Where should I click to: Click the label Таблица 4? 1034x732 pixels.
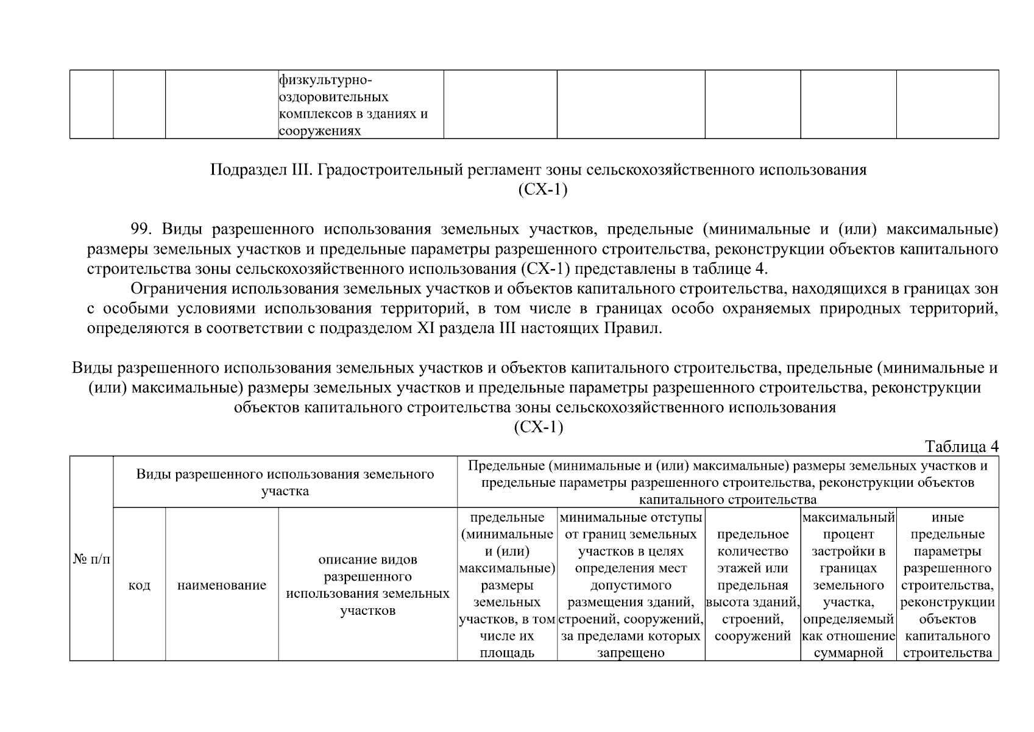[961, 447]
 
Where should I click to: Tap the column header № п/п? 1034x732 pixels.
[91, 559]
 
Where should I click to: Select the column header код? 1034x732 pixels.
[140, 586]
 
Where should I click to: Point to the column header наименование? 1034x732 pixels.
[222, 586]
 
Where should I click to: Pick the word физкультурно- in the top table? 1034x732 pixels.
[325, 81]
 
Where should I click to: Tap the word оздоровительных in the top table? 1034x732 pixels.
[334, 98]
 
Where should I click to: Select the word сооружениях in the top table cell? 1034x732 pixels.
[320, 131]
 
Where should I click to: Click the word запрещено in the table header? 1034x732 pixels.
[631, 653]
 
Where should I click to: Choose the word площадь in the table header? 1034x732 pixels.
[507, 653]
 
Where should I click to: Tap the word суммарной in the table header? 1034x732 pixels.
[848, 653]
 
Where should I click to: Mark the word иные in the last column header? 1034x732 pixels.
[947, 518]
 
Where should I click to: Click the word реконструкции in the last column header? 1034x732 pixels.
[947, 603]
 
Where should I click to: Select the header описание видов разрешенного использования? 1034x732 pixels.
[367, 585]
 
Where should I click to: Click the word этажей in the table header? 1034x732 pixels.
[752, 569]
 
